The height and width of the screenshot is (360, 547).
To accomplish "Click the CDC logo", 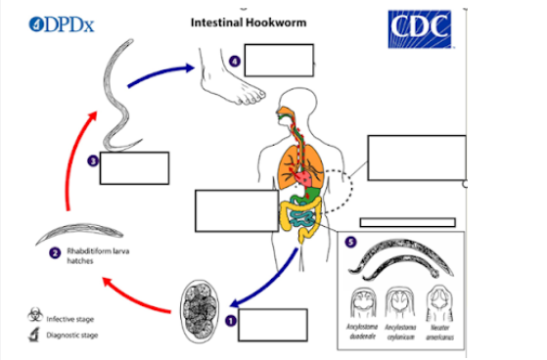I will [x=422, y=32].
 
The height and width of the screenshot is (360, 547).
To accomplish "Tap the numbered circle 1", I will [x=231, y=319].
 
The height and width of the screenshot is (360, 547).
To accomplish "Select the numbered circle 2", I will [x=56, y=252].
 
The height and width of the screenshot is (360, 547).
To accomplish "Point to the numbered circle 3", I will [x=92, y=160].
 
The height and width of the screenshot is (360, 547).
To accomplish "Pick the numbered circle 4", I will [x=235, y=62].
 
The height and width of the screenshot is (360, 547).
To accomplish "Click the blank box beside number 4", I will [x=279, y=61].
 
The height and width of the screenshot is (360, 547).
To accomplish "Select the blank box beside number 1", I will [x=272, y=325].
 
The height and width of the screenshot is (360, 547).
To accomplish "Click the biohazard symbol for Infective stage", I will [x=36, y=316].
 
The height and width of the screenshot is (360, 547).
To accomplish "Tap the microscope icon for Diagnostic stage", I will [x=36, y=336].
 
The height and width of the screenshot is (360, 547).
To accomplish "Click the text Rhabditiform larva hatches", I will [x=94, y=257].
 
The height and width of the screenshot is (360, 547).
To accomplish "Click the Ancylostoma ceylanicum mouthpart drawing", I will [x=400, y=306].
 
